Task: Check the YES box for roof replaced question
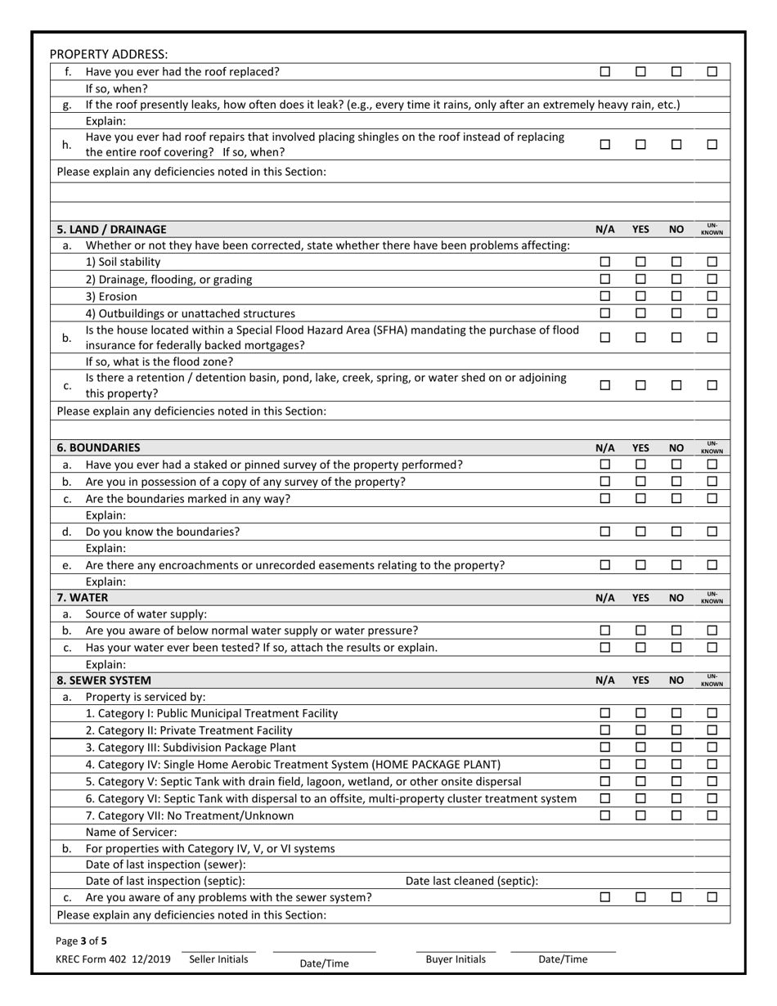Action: click(x=640, y=71)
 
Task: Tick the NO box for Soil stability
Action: click(x=676, y=262)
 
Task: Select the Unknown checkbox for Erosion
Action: click(x=712, y=296)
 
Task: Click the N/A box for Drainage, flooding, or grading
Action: click(x=605, y=279)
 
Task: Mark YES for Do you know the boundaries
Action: click(x=640, y=531)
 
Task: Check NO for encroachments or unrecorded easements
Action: click(x=676, y=564)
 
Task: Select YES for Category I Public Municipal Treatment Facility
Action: click(x=640, y=712)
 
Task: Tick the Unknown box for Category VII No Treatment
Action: click(x=712, y=815)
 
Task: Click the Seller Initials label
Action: click(x=218, y=959)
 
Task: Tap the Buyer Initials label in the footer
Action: click(x=456, y=959)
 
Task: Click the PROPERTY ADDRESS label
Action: click(x=108, y=54)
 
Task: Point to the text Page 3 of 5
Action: click(x=81, y=941)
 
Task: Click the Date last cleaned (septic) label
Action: click(x=472, y=880)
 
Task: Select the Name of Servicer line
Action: click(x=131, y=832)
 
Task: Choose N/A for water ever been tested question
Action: click(x=605, y=647)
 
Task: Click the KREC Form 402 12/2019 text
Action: click(x=114, y=959)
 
